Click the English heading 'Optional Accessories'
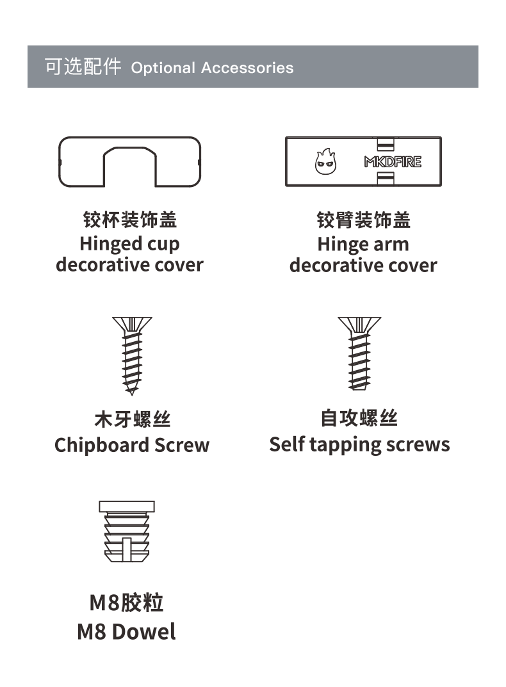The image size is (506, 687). pyautogui.click(x=212, y=68)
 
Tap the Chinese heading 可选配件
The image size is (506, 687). pyautogui.click(x=83, y=67)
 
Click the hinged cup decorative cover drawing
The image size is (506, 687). pyautogui.click(x=130, y=162)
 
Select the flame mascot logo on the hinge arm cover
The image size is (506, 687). pyautogui.click(x=326, y=161)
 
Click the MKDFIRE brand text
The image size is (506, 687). pyautogui.click(x=393, y=162)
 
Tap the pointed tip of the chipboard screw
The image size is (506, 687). pyautogui.click(x=131, y=394)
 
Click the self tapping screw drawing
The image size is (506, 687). pyautogui.click(x=359, y=353)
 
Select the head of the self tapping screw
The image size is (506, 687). pyautogui.click(x=359, y=325)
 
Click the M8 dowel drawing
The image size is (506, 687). pyautogui.click(x=127, y=531)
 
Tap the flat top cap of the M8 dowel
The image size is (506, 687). pyautogui.click(x=127, y=506)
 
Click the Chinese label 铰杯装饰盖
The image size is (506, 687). pyautogui.click(x=130, y=220)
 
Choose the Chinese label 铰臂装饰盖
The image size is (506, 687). pyautogui.click(x=364, y=220)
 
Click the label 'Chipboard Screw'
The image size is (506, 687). pyautogui.click(x=132, y=445)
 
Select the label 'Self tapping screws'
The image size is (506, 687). pyautogui.click(x=359, y=445)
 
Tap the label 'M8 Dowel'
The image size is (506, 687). pyautogui.click(x=126, y=632)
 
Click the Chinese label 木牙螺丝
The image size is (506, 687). pyautogui.click(x=133, y=419)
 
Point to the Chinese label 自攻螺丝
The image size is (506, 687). pyautogui.click(x=359, y=418)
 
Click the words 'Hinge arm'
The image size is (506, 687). pyautogui.click(x=363, y=244)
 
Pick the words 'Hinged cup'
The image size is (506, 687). pyautogui.click(x=130, y=244)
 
